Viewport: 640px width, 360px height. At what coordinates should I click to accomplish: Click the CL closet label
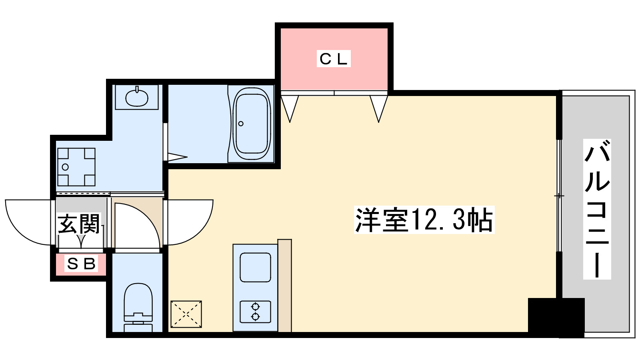point(334,59)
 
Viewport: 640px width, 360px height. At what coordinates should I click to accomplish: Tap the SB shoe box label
point(81,264)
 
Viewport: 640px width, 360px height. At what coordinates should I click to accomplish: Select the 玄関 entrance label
point(79,224)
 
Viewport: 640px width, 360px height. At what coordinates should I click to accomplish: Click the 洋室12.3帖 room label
point(424,220)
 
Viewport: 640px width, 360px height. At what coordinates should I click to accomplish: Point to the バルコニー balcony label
point(597,209)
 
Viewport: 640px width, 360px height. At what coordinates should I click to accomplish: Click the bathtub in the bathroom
point(252,124)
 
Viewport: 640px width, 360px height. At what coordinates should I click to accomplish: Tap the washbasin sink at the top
point(136,97)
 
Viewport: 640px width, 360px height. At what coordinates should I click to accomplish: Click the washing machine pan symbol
point(76,167)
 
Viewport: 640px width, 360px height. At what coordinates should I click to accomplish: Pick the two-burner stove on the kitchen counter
point(255,312)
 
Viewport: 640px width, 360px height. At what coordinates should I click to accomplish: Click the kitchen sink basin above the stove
point(255,268)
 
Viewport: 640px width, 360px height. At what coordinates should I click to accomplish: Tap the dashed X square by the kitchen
point(186,314)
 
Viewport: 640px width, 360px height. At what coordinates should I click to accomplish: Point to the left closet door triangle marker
point(290,107)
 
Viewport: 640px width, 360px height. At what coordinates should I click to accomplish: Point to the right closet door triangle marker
point(378,107)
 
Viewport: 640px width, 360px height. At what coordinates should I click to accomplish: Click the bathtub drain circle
point(241,124)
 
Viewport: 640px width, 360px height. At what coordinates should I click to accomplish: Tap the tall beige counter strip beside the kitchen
point(284,286)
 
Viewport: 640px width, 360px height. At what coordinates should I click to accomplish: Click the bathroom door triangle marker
point(177,157)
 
